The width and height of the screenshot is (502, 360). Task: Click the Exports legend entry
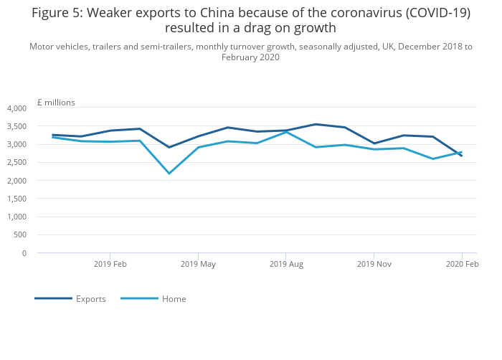click(70, 299)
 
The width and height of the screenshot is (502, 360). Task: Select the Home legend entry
click(153, 299)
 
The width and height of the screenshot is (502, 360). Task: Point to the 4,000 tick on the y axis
click(16, 108)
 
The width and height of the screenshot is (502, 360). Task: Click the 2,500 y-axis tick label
click(16, 162)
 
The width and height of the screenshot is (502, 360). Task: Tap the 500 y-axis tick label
click(20, 235)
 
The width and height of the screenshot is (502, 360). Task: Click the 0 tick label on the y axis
click(24, 253)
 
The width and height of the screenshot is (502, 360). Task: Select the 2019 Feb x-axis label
click(110, 264)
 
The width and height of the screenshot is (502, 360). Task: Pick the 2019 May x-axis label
click(198, 264)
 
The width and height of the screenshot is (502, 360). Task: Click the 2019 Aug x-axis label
click(286, 264)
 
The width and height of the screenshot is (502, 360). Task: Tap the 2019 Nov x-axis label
click(374, 264)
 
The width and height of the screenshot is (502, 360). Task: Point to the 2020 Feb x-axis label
click(462, 264)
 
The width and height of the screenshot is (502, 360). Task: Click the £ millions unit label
click(56, 103)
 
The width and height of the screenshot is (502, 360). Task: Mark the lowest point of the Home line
click(169, 174)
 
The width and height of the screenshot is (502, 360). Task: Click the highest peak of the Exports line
click(316, 124)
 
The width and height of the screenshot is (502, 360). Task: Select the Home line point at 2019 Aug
click(286, 132)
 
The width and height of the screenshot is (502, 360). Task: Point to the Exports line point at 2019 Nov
click(374, 143)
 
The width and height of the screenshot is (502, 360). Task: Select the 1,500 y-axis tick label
click(16, 199)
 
